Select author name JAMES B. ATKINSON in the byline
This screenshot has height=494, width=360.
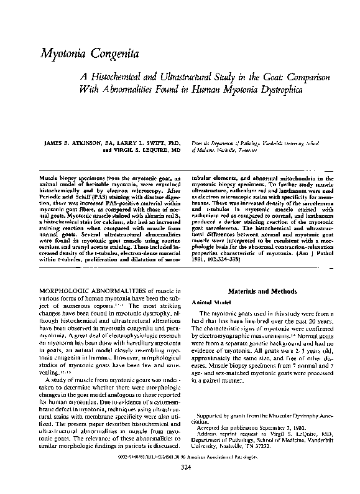[x=70, y=143]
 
